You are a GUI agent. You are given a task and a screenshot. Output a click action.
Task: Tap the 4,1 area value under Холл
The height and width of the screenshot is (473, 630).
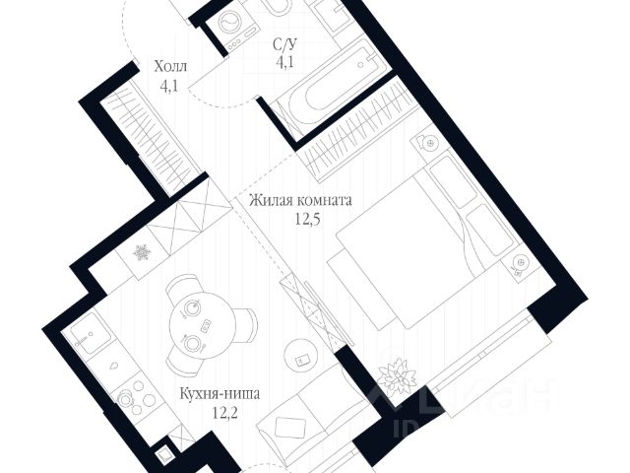coord(170,85)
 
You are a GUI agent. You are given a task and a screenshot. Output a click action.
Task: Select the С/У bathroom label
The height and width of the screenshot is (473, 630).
coord(284,44)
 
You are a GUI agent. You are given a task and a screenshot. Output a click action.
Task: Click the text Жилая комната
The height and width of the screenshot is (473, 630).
coord(300,201)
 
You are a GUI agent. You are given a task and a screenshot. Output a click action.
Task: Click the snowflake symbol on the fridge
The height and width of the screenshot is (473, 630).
coord(143,254)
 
